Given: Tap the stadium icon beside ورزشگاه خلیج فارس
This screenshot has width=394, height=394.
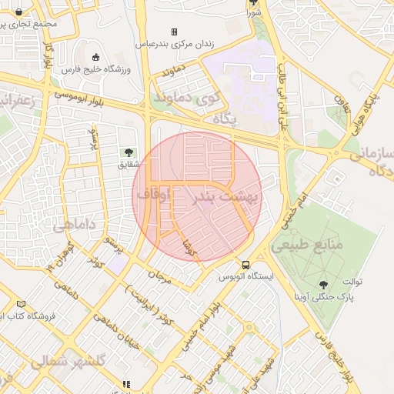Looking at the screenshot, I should (x=95, y=58).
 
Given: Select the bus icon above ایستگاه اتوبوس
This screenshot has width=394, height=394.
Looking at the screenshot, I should (x=245, y=264).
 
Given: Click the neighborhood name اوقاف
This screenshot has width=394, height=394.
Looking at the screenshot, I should (x=153, y=195).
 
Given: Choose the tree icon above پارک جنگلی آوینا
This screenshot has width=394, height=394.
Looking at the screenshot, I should (x=322, y=284).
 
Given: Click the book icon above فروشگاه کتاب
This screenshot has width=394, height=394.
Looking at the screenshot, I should (x=21, y=304).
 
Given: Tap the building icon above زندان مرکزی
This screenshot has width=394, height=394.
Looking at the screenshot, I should (x=174, y=32).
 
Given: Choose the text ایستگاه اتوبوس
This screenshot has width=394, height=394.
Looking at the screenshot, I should (x=245, y=275).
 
